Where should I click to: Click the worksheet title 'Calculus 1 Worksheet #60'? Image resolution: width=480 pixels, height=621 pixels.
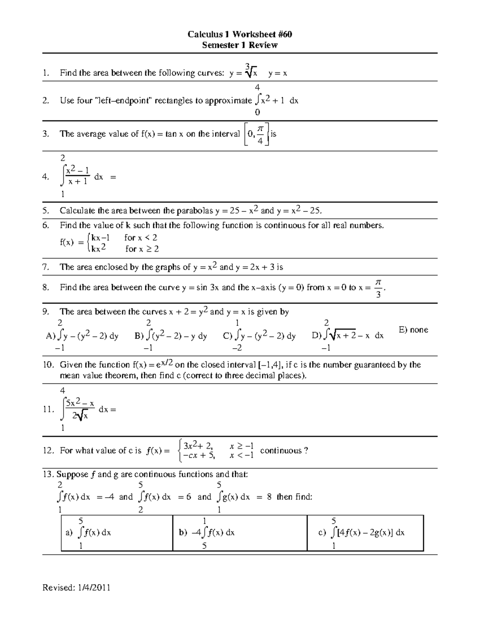pyautogui.click(x=240, y=34)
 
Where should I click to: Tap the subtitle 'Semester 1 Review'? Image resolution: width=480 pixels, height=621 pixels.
pyautogui.click(x=240, y=45)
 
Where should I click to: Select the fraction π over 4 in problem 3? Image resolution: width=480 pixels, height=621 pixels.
pyautogui.click(x=260, y=134)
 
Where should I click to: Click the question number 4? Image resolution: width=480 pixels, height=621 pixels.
pyautogui.click(x=46, y=177)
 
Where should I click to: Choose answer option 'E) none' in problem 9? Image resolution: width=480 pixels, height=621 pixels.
pyautogui.click(x=413, y=330)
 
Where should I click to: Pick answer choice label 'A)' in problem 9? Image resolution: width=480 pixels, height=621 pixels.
pyautogui.click(x=51, y=336)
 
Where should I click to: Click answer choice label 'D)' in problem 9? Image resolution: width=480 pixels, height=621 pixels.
pyautogui.click(x=317, y=336)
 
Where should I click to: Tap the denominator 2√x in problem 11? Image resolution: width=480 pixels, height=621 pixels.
pyautogui.click(x=80, y=416)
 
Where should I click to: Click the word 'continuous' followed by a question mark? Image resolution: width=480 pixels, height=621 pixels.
pyautogui.click(x=281, y=451)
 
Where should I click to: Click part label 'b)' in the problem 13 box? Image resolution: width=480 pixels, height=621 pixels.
pyautogui.click(x=183, y=533)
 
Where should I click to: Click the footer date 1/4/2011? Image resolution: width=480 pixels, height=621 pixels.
pyautogui.click(x=93, y=587)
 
